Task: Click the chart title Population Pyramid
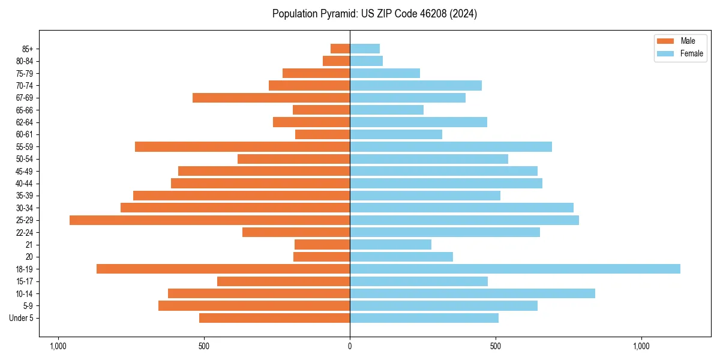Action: (x=374, y=14)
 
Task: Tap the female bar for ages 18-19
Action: (x=515, y=269)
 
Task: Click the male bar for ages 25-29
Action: (x=209, y=220)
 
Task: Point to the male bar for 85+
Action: (x=340, y=49)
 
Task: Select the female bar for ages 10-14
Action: (x=472, y=293)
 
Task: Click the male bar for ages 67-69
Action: (x=271, y=98)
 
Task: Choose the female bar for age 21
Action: (x=391, y=245)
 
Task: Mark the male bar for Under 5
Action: (x=274, y=318)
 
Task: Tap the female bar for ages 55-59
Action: (x=451, y=147)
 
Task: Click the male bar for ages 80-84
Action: (x=336, y=61)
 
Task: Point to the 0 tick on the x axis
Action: (x=350, y=346)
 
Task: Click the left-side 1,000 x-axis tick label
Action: (x=58, y=346)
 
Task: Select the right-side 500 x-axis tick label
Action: (x=495, y=346)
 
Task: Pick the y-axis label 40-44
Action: (x=25, y=184)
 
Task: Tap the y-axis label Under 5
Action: (x=22, y=318)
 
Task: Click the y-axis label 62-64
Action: (x=25, y=122)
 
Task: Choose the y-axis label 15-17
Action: (x=25, y=281)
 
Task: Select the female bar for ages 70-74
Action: (x=416, y=86)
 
